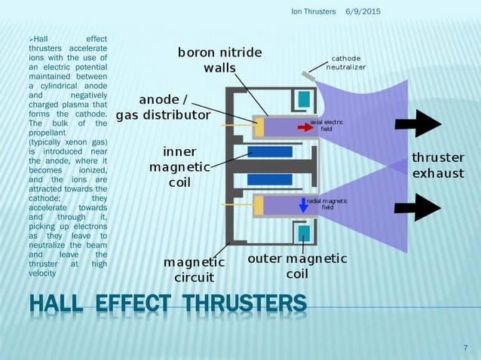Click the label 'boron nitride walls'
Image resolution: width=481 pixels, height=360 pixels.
pos(219,59)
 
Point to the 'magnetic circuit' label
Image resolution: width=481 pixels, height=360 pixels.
pos(195,269)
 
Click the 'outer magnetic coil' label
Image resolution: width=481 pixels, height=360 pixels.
pos(298,266)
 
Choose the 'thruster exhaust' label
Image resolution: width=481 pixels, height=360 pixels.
pos(437,165)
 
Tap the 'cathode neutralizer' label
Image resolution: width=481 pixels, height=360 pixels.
pos(346,63)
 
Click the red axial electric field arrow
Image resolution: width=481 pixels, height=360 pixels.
pos(305,127)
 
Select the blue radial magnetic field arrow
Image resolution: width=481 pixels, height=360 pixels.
pos(303,204)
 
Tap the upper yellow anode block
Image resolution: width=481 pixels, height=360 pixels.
pos(259,127)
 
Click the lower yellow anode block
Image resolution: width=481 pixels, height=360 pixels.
pos(259,205)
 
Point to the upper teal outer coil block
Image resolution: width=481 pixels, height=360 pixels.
pos(303,98)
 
